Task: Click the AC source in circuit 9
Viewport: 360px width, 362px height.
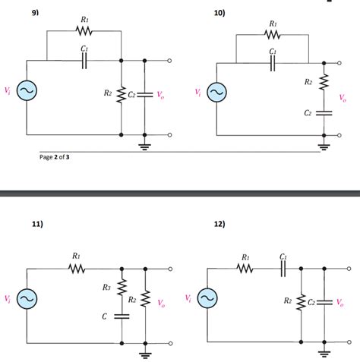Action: (x=27, y=92)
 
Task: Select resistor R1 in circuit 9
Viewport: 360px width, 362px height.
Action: (x=84, y=31)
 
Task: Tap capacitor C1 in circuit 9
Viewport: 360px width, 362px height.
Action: (x=84, y=60)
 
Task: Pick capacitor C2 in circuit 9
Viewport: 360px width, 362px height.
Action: (x=144, y=94)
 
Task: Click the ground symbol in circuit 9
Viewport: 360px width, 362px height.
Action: (x=144, y=145)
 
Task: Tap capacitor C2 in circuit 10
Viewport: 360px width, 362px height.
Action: (x=324, y=112)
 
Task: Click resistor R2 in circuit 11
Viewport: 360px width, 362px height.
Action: (x=144, y=301)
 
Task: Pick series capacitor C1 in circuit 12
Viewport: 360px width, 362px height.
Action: (x=283, y=268)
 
